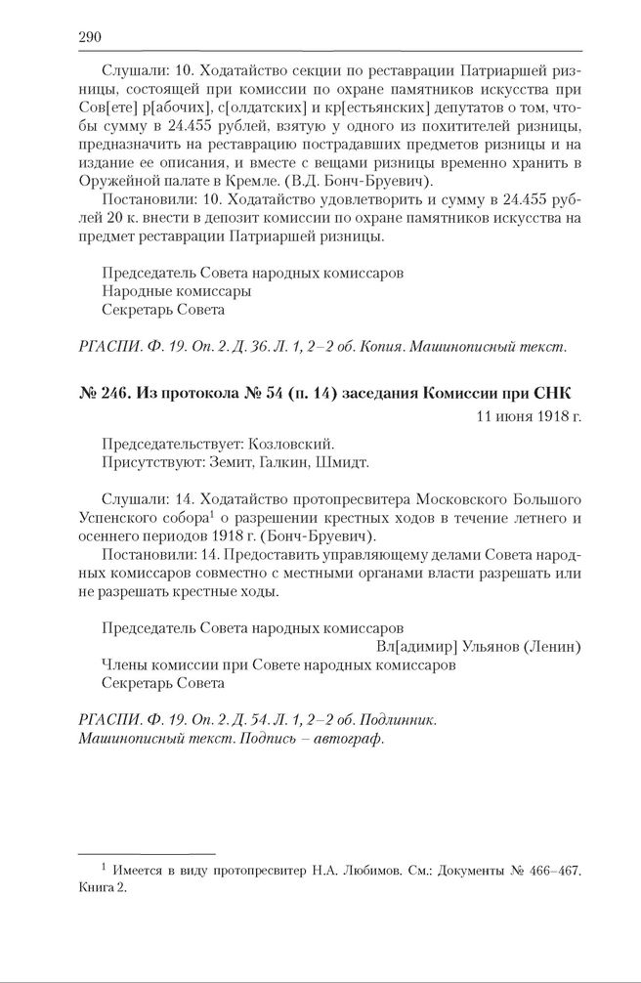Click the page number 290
pos(90,37)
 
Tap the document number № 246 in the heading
pos(103,393)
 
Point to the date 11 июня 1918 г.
pos(529,417)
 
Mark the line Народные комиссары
pos(176,291)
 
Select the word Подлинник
pos(396,720)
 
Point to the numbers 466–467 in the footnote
pos(559,869)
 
